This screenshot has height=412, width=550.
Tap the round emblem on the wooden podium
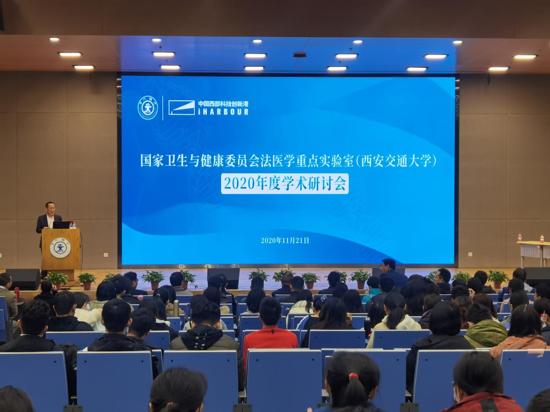60,248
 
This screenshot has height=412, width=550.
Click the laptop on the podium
61,225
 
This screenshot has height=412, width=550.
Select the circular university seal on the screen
148,108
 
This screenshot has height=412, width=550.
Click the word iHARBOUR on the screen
223,112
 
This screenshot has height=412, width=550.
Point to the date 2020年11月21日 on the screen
285,240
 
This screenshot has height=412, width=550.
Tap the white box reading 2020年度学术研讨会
285,183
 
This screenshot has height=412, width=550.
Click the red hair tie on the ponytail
354,375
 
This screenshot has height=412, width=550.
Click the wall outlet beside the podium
106,255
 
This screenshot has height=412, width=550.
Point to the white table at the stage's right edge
534,253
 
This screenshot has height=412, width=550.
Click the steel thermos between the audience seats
176,308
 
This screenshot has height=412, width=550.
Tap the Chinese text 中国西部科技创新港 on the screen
223,103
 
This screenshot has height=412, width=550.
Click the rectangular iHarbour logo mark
181,108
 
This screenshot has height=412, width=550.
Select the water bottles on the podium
73,225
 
